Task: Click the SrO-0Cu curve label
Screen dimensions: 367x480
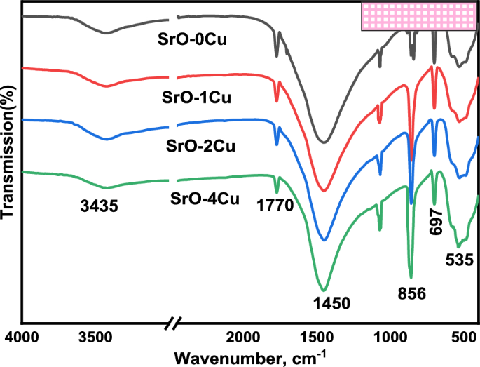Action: click(196, 39)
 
